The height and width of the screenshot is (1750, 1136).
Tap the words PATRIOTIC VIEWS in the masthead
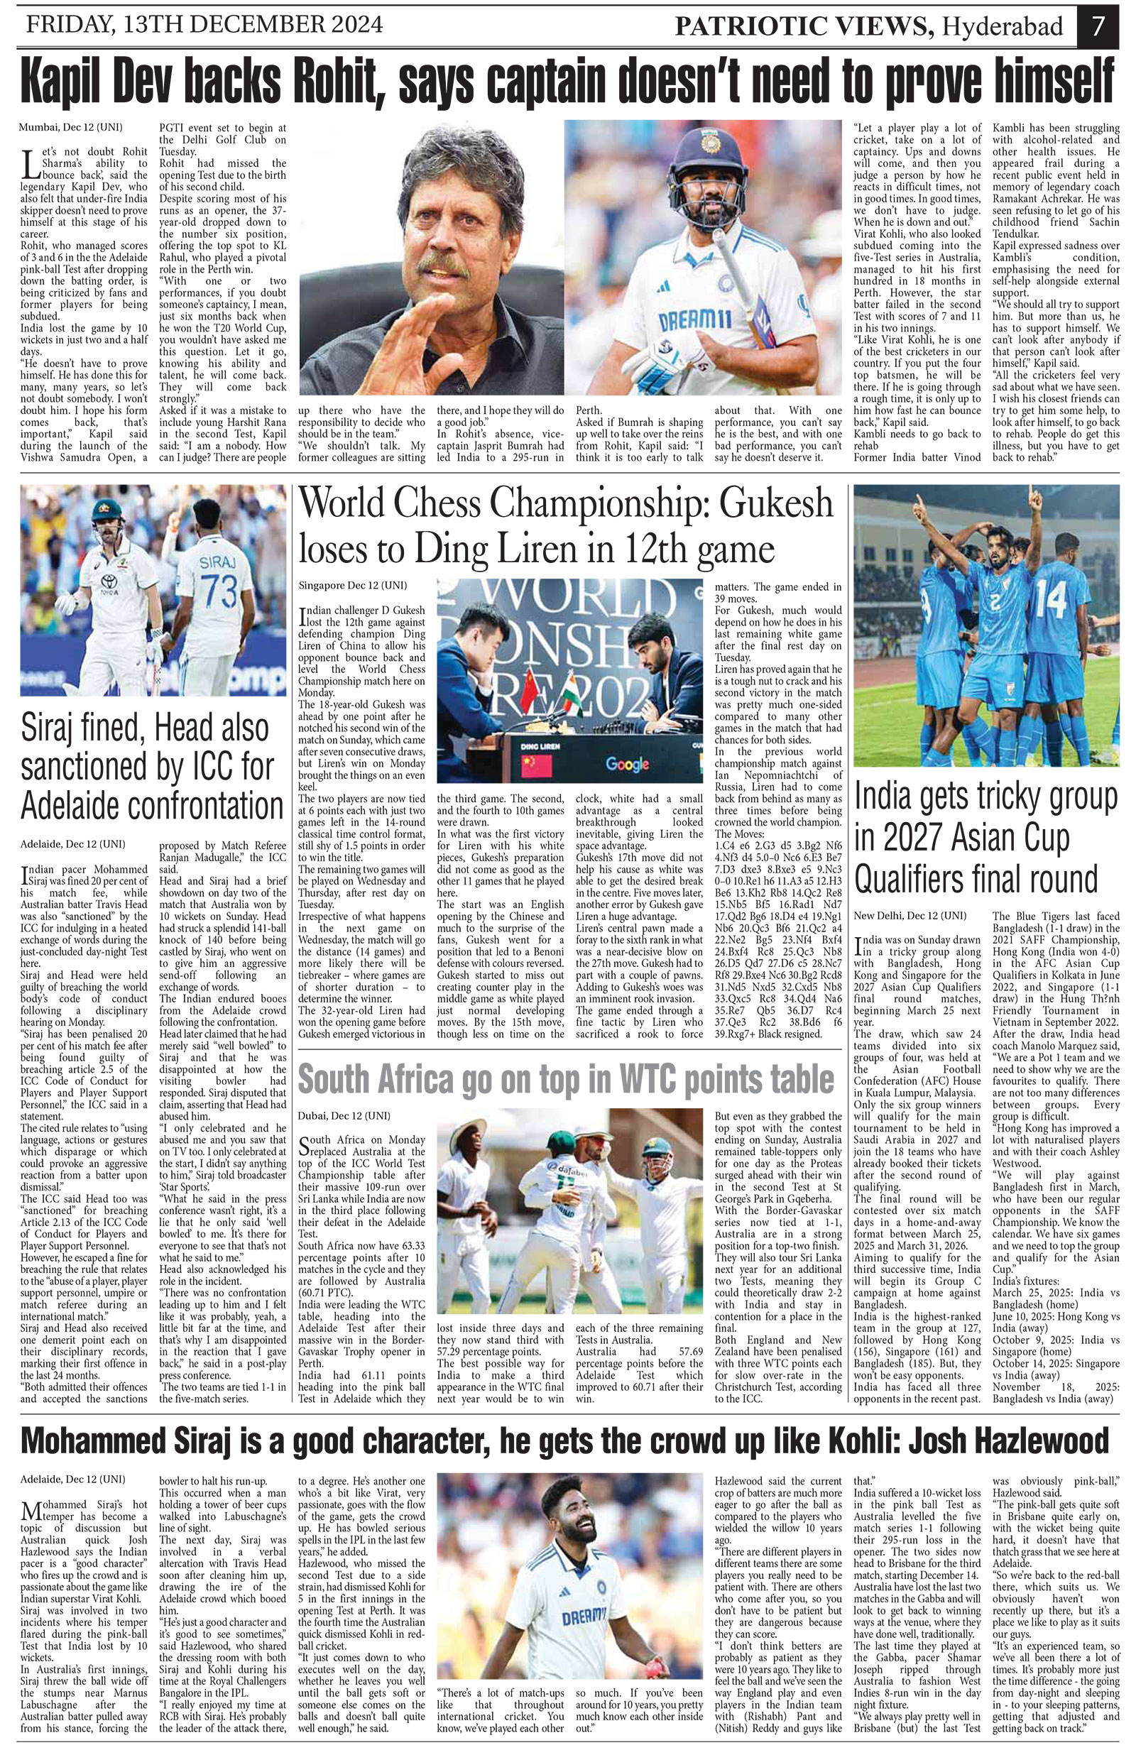[x=804, y=27]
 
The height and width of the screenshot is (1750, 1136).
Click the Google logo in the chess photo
[x=626, y=764]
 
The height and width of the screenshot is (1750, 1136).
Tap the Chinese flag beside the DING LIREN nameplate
[x=536, y=765]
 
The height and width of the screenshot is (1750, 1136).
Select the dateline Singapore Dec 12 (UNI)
[x=352, y=585]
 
